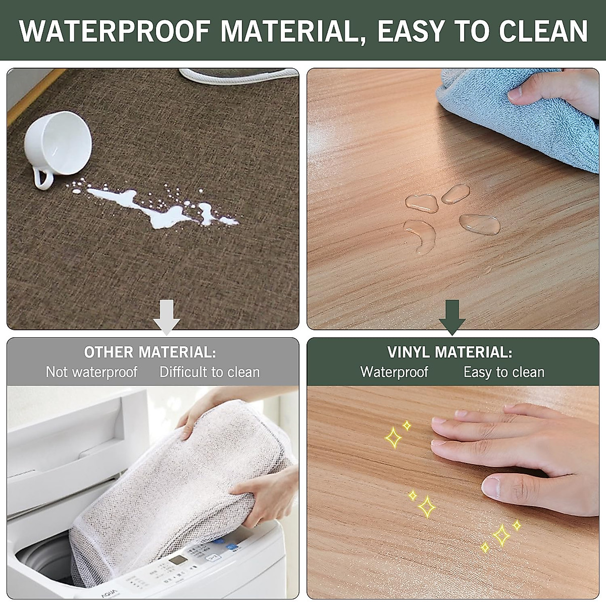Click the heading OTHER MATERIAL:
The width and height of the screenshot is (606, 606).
(150, 352)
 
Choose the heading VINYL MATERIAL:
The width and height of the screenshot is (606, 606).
(449, 352)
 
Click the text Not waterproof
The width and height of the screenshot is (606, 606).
(91, 373)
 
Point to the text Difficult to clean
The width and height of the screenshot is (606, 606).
(210, 373)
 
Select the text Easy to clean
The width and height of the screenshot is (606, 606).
(503, 373)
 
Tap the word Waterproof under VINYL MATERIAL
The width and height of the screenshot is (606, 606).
(394, 373)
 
